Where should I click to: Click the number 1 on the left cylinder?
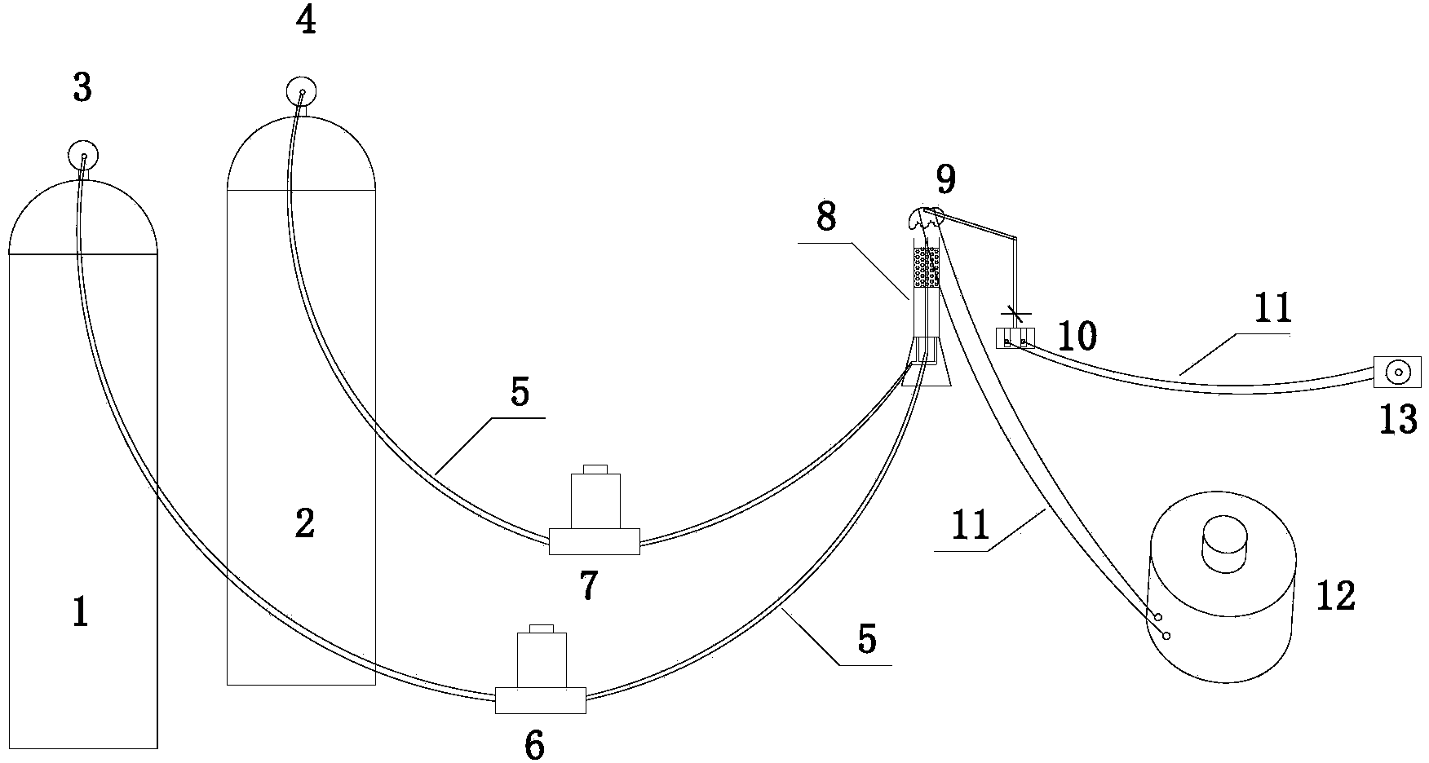tap(80, 611)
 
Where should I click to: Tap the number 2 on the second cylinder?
tap(304, 524)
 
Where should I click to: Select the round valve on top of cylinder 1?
tap(83, 154)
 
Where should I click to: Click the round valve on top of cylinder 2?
tap(302, 91)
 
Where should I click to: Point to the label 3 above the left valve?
tap(82, 88)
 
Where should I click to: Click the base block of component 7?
tap(594, 541)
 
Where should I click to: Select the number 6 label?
tap(534, 746)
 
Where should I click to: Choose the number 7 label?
tap(588, 584)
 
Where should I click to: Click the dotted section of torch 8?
tap(926, 267)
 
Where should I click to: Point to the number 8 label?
tap(825, 218)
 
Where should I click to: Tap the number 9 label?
tap(946, 178)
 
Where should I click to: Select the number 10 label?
tap(1077, 335)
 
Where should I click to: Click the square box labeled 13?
tap(1397, 372)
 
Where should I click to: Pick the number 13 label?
tap(1398, 420)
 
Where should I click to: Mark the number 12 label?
tap(1334, 596)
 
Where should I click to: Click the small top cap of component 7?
tap(594, 468)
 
